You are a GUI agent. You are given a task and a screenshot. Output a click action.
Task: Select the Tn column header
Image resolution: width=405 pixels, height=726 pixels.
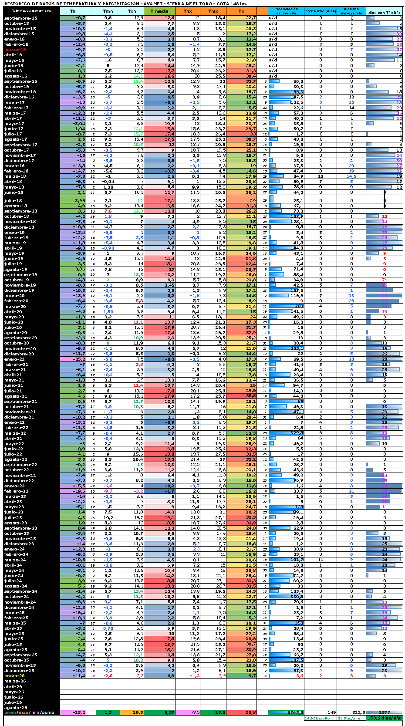[72, 11]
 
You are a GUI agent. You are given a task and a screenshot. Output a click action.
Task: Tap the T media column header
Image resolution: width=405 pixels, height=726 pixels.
[159, 11]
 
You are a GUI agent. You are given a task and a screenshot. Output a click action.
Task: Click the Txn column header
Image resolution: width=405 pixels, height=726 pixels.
[132, 11]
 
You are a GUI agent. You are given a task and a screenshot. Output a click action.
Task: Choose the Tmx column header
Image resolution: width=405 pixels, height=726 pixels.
[213, 11]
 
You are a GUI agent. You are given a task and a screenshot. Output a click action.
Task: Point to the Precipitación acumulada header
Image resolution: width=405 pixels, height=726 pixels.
[286, 11]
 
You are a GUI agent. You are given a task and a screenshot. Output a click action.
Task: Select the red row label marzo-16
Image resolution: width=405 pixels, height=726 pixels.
[15, 50]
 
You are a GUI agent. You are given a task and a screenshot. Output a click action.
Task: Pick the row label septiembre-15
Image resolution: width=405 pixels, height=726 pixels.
[21, 18]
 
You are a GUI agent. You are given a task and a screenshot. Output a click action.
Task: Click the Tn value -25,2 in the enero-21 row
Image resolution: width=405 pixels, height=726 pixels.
[78, 359]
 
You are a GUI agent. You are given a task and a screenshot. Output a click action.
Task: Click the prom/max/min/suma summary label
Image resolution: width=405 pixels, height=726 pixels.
[29, 713]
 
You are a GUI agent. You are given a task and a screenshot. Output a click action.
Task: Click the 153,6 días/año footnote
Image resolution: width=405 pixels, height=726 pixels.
[385, 718]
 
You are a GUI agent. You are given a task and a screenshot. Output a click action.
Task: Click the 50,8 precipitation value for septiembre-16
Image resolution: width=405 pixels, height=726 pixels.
[298, 81]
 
